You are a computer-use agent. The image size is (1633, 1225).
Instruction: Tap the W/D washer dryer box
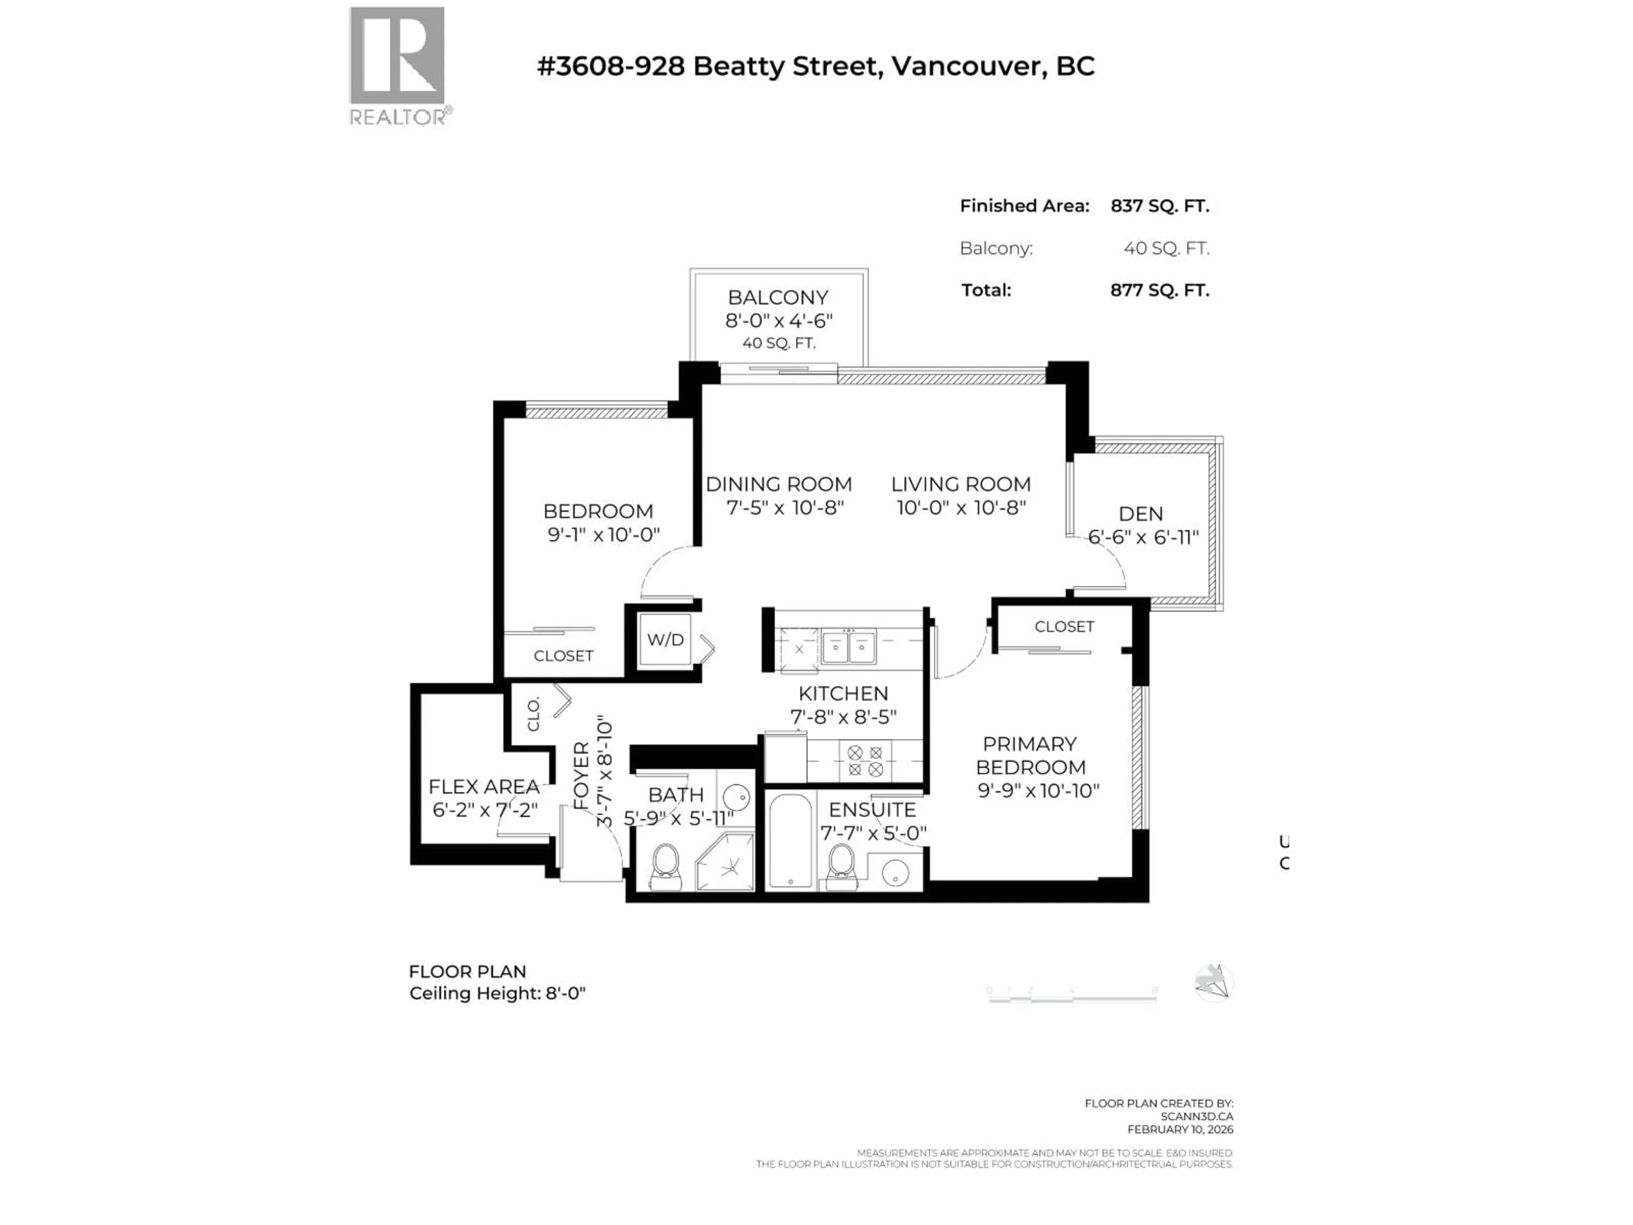pos(665,639)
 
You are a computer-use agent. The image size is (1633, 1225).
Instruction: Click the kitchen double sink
pos(848,647)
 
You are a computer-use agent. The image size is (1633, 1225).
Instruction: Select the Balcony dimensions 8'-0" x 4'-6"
pos(778,320)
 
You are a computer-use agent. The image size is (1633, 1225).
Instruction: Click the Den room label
pos(1141,514)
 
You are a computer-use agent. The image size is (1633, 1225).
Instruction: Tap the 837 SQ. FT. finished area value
pos(1159,206)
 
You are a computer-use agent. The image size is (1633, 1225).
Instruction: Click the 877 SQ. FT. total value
pos(1159,290)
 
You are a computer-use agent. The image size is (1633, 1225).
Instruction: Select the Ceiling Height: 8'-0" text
pos(497,993)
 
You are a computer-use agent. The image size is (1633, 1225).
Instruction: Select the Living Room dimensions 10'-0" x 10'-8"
pos(961,507)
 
